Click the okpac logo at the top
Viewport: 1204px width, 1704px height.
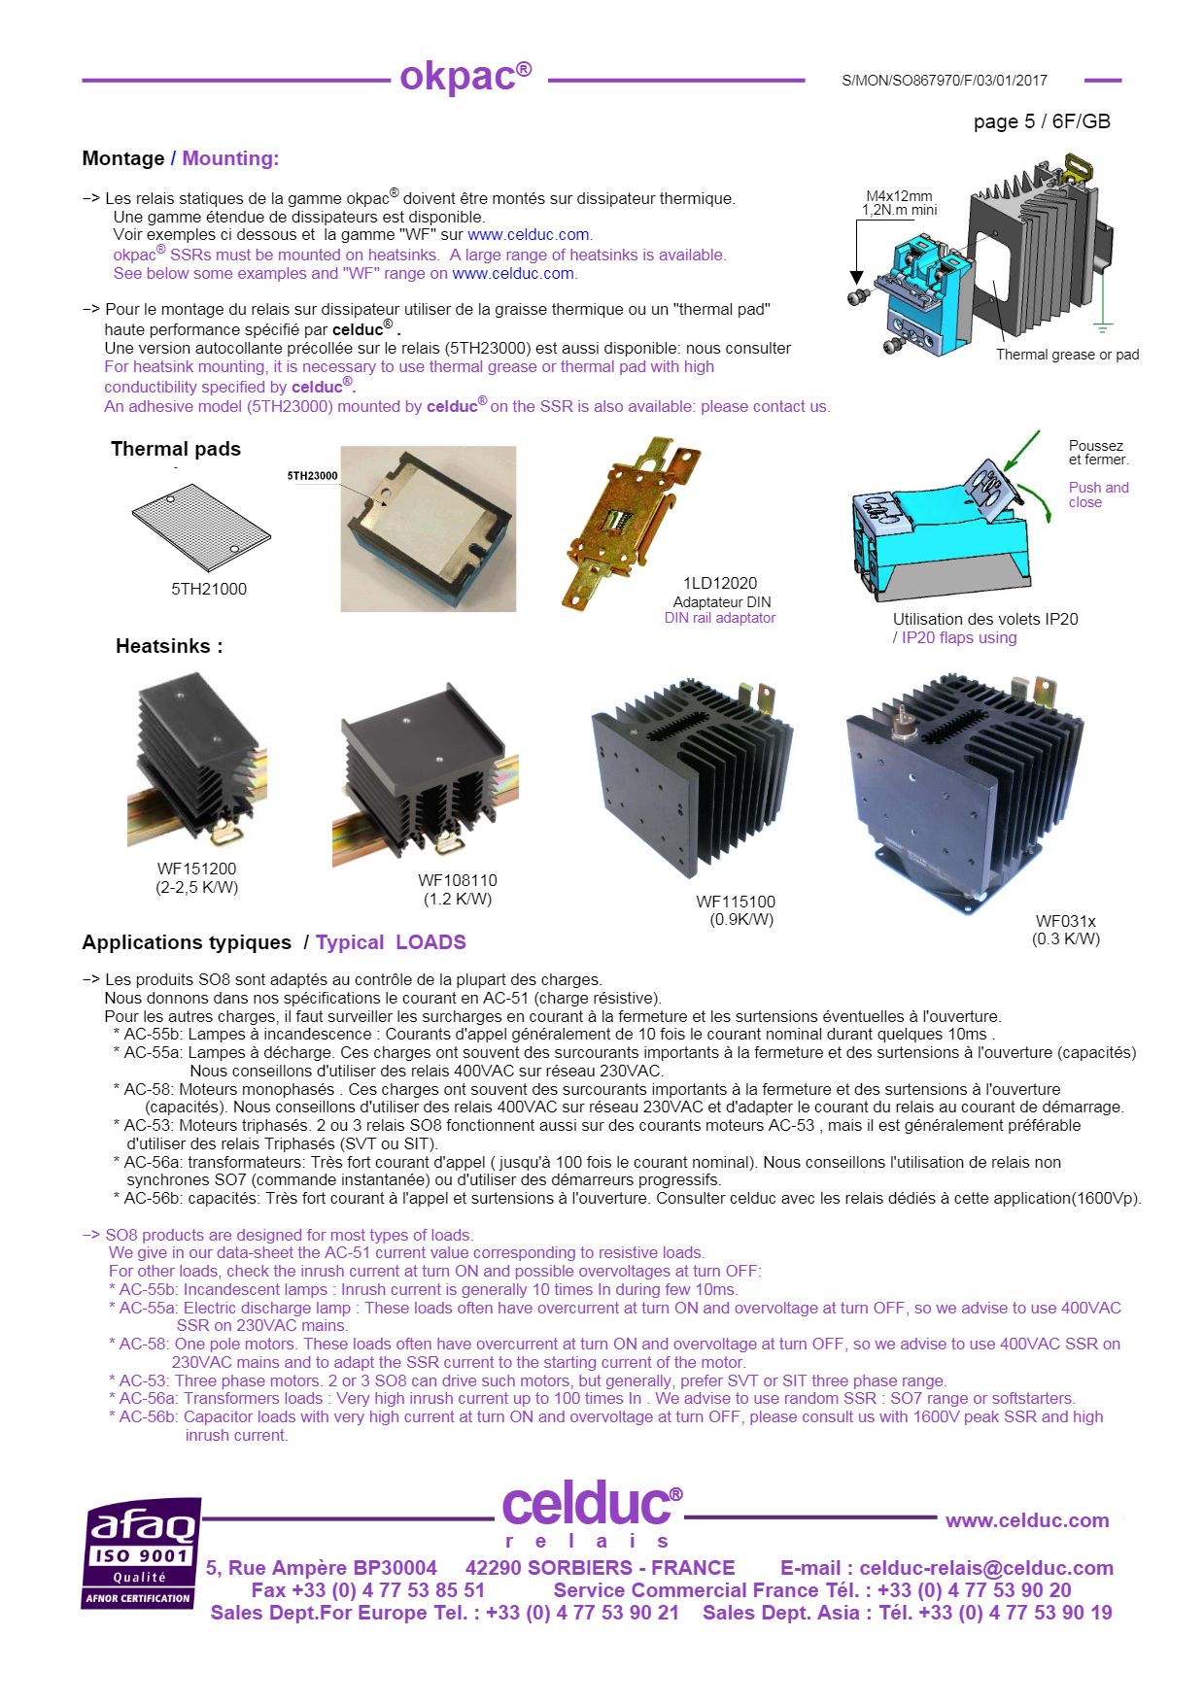coord(465,77)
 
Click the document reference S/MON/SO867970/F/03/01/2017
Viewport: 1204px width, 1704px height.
coord(944,81)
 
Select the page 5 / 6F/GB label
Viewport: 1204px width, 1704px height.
coord(1041,121)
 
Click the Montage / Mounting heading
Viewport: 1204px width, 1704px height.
coord(180,158)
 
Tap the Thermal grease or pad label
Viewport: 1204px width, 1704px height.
coord(1067,355)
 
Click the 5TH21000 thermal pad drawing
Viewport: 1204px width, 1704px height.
coord(201,525)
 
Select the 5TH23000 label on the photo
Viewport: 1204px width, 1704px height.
coord(312,476)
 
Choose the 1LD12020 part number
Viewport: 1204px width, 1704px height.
coord(719,583)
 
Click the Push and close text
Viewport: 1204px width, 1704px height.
coord(1098,494)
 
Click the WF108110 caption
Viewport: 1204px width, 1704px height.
coord(457,880)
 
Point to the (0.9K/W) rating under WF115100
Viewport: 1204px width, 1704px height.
coord(741,919)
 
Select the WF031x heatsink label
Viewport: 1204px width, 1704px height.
coord(1065,921)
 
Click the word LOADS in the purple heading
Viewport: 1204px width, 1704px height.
coord(430,942)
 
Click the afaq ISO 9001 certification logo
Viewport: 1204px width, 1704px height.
coord(142,1552)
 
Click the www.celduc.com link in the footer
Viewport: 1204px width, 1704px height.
coord(1026,1520)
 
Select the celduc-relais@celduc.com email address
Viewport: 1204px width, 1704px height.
coord(985,1568)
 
